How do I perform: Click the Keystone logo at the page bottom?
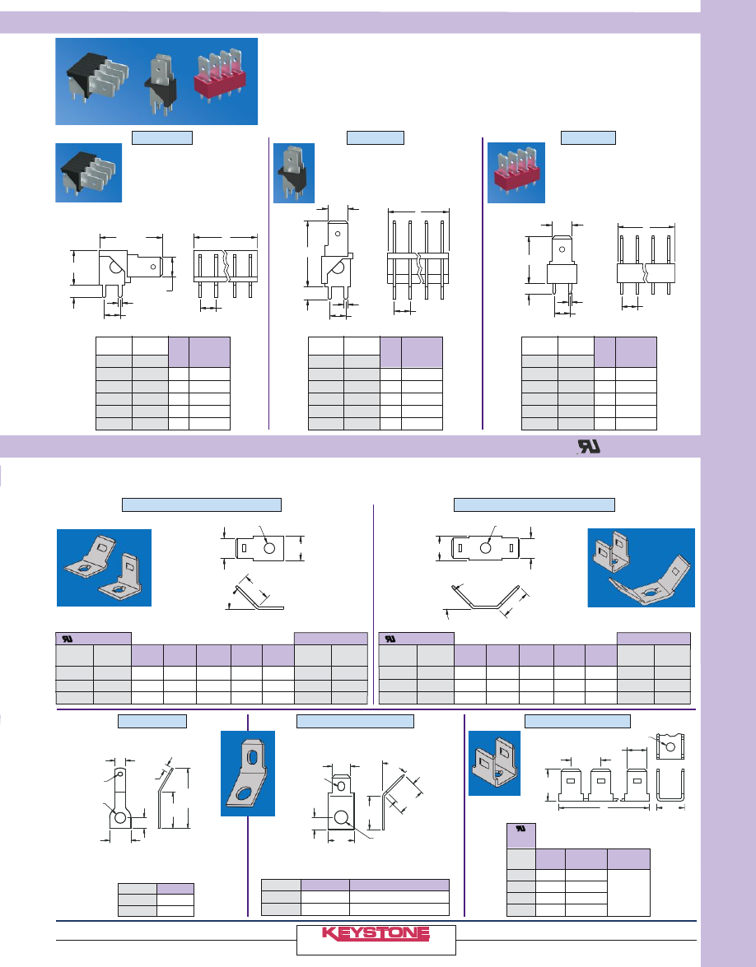click(x=376, y=933)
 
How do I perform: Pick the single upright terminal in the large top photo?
click(x=161, y=83)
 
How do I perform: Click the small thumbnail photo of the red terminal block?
click(x=516, y=173)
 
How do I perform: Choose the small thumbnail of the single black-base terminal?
click(x=294, y=174)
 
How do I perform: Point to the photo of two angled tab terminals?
click(x=104, y=567)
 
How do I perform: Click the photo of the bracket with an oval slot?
click(x=248, y=774)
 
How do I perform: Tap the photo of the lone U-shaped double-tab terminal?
click(x=494, y=763)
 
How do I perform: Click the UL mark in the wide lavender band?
click(x=589, y=447)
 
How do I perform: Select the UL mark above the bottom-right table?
click(x=520, y=830)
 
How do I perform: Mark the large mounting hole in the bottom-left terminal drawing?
click(x=120, y=818)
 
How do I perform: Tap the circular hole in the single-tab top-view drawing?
click(x=269, y=547)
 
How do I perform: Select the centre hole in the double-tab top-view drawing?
click(x=486, y=547)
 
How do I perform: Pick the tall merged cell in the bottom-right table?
click(x=628, y=892)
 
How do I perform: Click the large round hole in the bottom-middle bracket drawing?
click(x=341, y=818)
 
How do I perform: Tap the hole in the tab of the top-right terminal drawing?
click(x=562, y=249)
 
